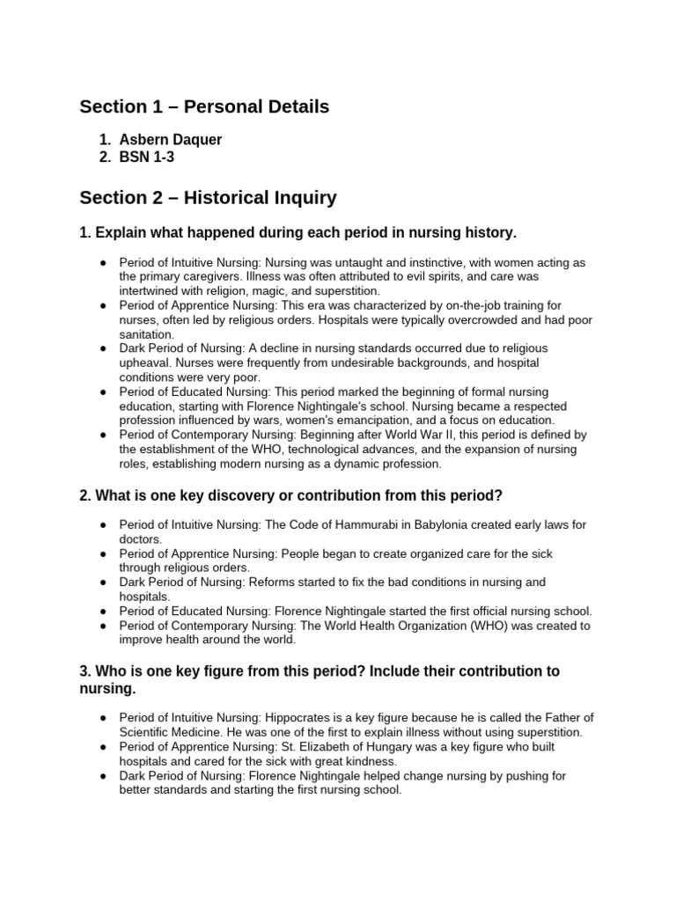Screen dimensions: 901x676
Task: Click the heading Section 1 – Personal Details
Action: pos(204,107)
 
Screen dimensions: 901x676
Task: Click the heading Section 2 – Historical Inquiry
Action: pos(208,198)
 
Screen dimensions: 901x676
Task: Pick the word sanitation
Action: pos(148,334)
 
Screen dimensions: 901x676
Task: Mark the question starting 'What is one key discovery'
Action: pos(290,494)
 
